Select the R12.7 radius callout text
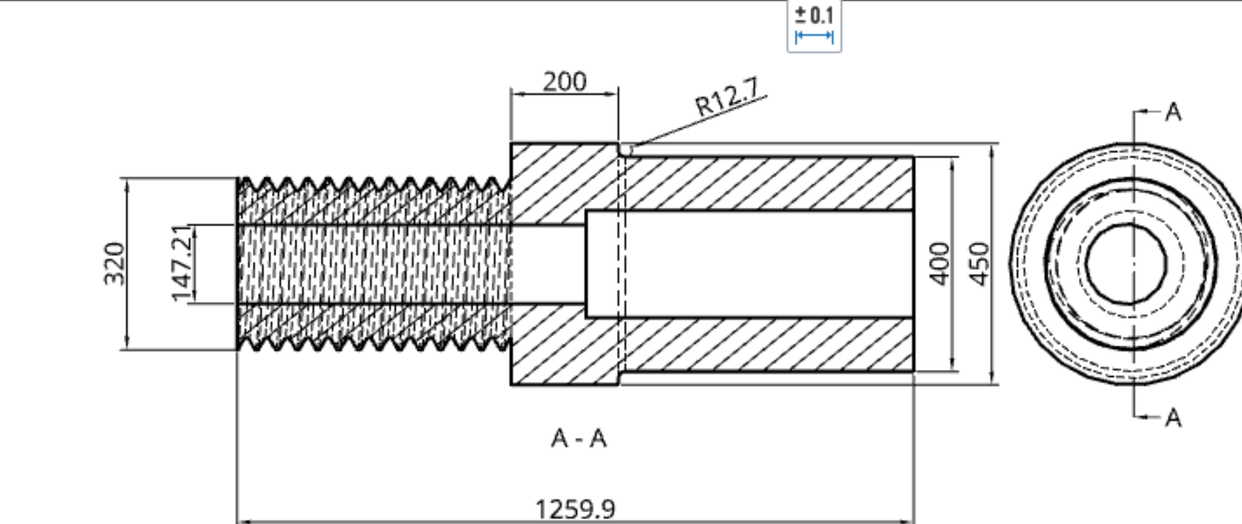[x=727, y=97]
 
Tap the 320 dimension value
[x=114, y=264]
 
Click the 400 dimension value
[x=939, y=264]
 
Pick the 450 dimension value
[x=979, y=264]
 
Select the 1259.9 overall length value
[x=575, y=509]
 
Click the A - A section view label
[x=578, y=439]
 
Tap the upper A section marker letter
[x=1173, y=112]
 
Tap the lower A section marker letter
[x=1173, y=418]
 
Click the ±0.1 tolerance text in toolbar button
[x=814, y=15]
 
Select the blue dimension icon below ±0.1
[x=814, y=37]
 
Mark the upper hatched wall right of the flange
[x=766, y=183]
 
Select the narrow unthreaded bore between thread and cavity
[x=548, y=264]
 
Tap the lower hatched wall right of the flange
[x=766, y=345]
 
